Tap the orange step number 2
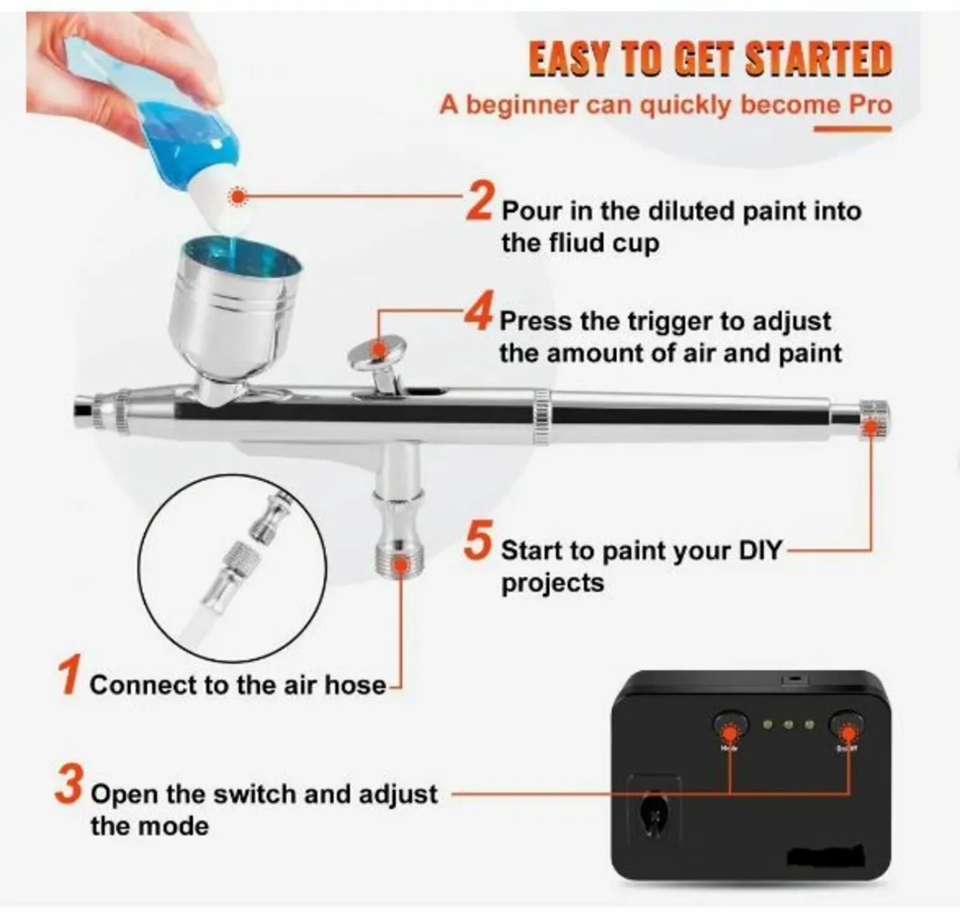(x=480, y=200)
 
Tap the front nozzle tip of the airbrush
(x=82, y=409)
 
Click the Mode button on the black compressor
(x=728, y=726)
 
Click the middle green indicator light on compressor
(x=788, y=724)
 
